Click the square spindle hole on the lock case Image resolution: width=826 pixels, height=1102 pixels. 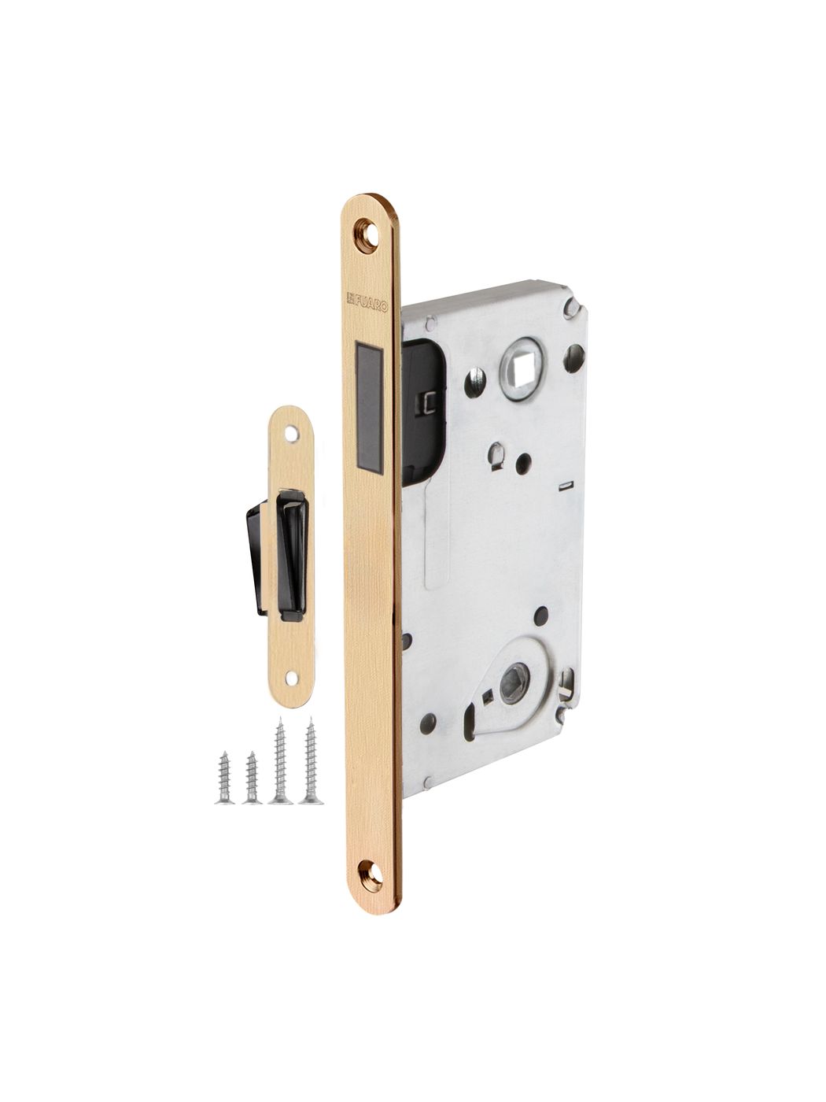tap(518, 370)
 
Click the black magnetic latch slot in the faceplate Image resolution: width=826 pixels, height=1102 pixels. tap(369, 409)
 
